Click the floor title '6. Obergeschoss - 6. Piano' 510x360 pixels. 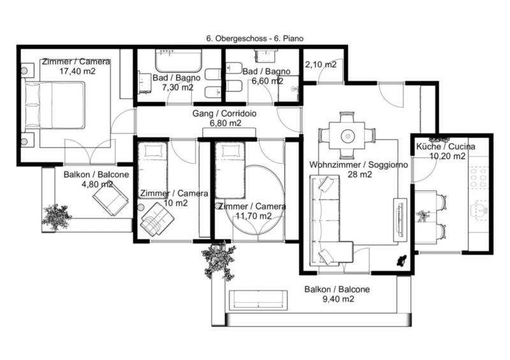click(254, 38)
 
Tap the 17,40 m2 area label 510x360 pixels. click(77, 71)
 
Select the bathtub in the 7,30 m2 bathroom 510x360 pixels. click(178, 61)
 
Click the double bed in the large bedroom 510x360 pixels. click(55, 105)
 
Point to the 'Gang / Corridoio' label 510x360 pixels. click(224, 113)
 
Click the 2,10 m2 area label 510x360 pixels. click(321, 65)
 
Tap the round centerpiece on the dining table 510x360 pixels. click(347, 135)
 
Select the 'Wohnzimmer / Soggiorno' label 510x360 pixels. click(358, 164)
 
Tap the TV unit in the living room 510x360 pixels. click(400, 220)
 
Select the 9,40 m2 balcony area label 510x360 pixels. click(339, 299)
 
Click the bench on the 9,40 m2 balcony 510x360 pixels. click(258, 300)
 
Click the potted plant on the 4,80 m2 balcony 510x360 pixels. click(56, 217)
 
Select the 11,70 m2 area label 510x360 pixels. click(254, 216)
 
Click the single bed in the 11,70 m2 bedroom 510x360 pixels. click(229, 170)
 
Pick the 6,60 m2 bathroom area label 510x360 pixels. click(267, 81)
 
